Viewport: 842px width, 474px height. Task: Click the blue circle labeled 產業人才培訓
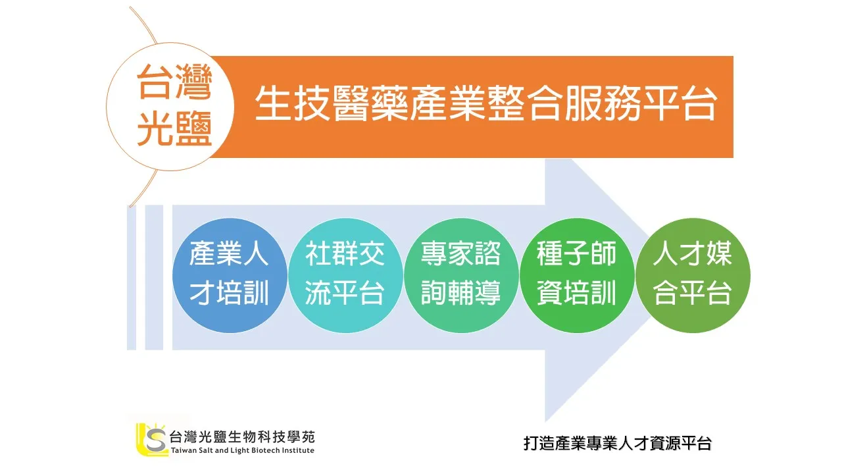[x=230, y=275]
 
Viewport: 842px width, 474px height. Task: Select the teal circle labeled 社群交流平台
[x=345, y=275]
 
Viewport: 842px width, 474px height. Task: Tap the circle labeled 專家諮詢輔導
[x=461, y=275]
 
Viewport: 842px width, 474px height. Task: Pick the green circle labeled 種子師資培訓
[x=577, y=275]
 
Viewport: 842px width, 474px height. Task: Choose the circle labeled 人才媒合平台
[x=693, y=275]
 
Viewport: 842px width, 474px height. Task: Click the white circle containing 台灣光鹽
[x=170, y=107]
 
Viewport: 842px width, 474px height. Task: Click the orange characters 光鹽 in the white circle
[x=174, y=129]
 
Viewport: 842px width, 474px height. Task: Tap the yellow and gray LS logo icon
[x=151, y=439]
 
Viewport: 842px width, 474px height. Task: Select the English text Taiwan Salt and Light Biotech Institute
[x=243, y=450]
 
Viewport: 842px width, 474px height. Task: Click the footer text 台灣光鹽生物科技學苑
[x=242, y=436]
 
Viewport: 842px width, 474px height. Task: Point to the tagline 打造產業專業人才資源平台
[x=618, y=443]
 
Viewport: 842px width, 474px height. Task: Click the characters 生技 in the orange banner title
[x=293, y=103]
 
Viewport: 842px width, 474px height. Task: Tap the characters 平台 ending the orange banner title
[x=680, y=103]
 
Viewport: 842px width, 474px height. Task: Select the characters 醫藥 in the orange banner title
[x=370, y=103]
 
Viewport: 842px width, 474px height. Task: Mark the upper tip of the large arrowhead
[x=546, y=159]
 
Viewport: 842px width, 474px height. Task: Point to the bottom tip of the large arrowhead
[x=545, y=421]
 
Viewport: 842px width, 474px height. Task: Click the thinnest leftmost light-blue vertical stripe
[x=131, y=278]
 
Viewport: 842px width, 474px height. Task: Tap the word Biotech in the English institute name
[x=265, y=450]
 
